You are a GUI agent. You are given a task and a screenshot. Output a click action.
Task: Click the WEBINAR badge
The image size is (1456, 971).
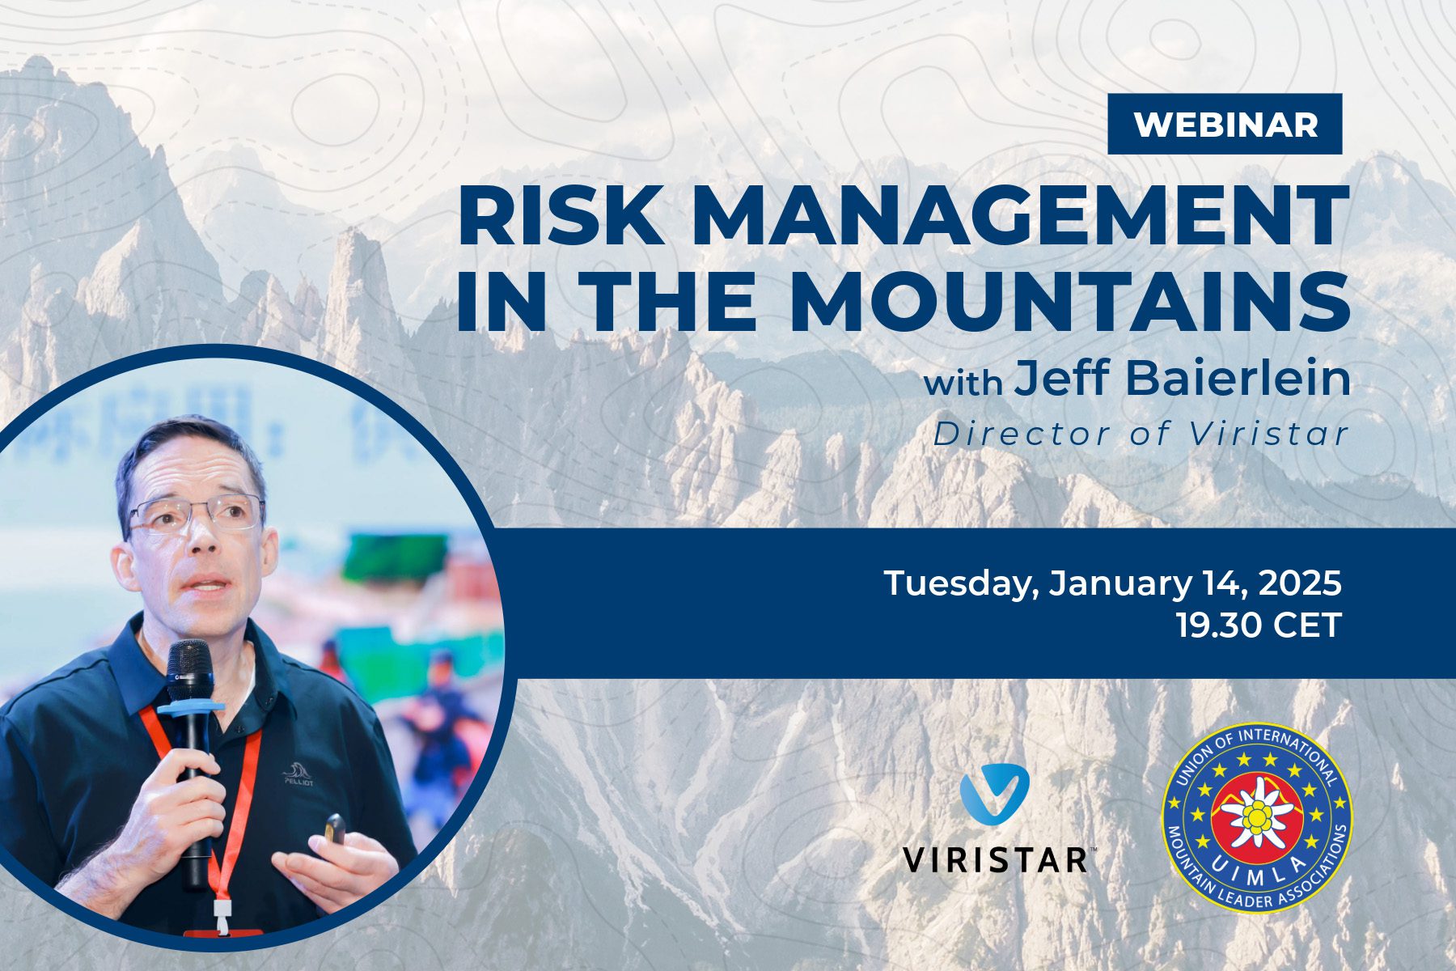(1225, 125)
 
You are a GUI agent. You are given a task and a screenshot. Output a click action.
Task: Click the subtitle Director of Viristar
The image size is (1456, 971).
(1141, 435)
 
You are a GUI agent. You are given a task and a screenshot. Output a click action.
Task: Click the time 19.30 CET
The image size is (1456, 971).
(1259, 625)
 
